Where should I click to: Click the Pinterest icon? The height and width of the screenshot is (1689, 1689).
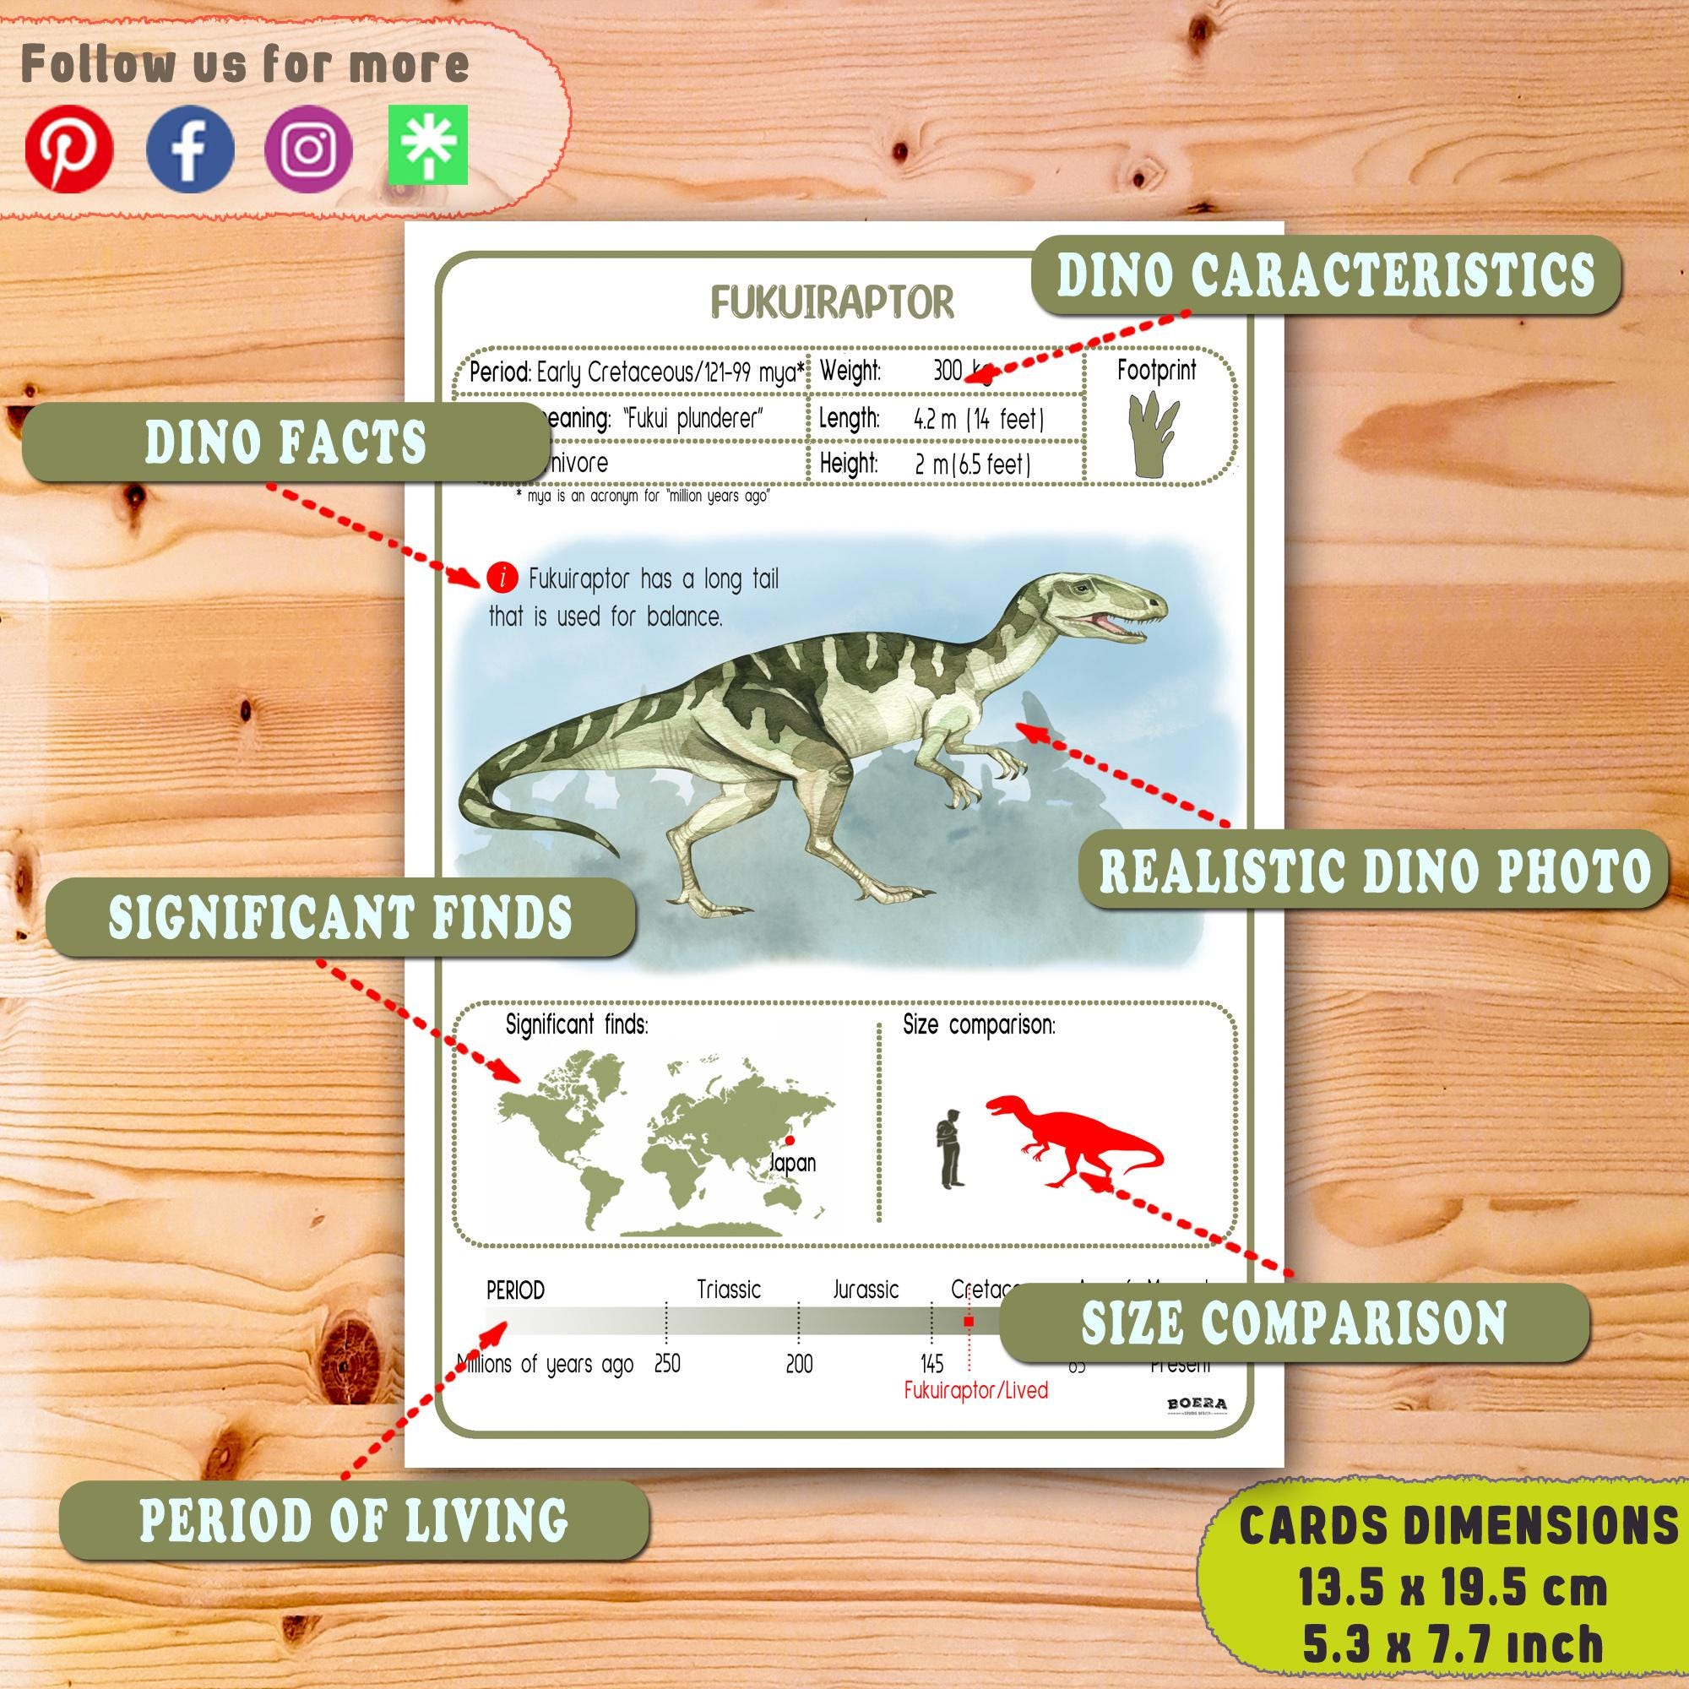pos(69,149)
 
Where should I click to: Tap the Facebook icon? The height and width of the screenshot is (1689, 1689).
pos(190,149)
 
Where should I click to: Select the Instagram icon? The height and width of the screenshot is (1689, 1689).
pos(308,149)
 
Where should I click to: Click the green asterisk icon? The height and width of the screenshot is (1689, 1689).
pos(427,146)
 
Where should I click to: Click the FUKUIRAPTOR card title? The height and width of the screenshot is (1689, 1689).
pos(831,302)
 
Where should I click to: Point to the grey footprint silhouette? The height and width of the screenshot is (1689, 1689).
pos(1154,434)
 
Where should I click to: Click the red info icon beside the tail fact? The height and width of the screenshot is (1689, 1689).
pos(502,578)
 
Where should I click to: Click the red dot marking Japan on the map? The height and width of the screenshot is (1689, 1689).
pos(790,1140)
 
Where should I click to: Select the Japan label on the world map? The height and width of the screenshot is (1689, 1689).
pos(792,1163)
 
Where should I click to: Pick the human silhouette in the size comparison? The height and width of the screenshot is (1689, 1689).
pos(950,1148)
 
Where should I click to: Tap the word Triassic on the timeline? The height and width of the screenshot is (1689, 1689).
pos(728,1290)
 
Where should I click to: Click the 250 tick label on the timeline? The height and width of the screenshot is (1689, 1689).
pos(667,1364)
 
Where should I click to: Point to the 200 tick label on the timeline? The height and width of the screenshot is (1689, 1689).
pos(798,1364)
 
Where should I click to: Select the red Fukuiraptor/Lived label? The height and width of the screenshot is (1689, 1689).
pos(975,1390)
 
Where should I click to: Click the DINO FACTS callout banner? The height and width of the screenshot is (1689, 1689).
pos(285,443)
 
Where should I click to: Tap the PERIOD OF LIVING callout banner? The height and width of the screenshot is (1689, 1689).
pos(354,1520)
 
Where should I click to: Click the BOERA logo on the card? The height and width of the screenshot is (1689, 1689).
pos(1197,1405)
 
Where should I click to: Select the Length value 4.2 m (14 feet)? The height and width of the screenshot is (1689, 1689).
pos(978,419)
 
